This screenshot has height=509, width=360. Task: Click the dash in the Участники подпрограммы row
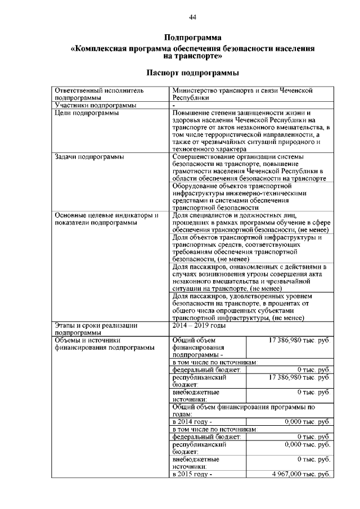(x=174, y=105)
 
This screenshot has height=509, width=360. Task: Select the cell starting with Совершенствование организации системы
(x=248, y=167)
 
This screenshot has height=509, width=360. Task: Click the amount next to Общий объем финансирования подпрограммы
(x=299, y=340)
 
